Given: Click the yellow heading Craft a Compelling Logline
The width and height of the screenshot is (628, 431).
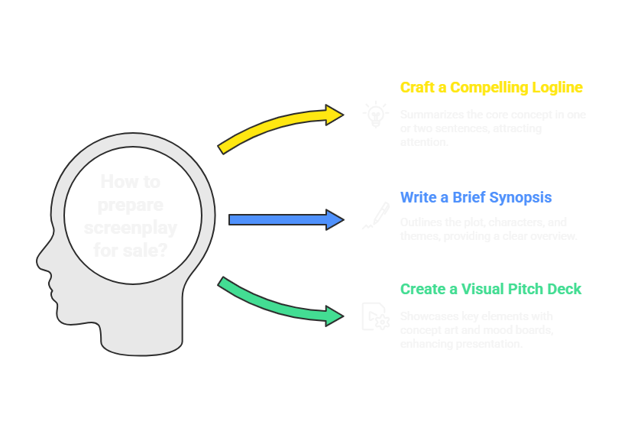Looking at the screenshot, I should (491, 88).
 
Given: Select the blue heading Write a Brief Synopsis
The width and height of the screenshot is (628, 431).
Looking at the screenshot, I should (476, 198).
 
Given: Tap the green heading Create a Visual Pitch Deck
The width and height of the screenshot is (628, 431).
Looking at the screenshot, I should (490, 289).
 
